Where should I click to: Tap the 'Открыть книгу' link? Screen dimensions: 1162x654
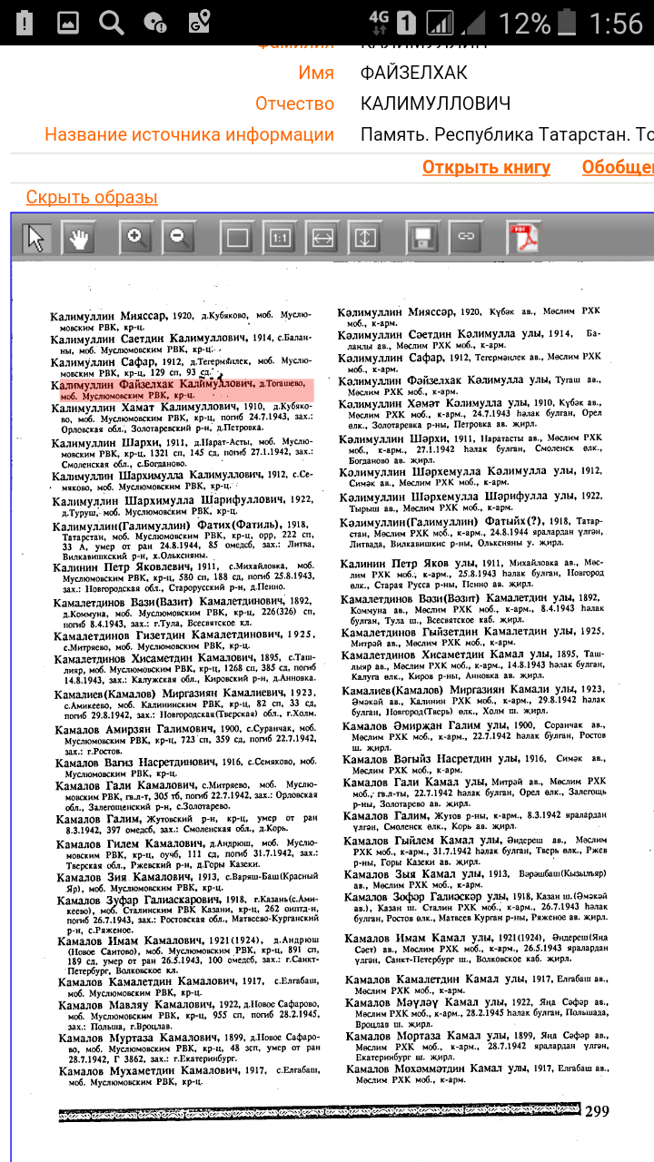click(486, 167)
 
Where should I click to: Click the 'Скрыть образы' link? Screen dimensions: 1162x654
click(92, 197)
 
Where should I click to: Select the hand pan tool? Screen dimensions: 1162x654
click(79, 239)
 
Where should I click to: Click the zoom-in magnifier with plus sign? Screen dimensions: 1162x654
click(136, 239)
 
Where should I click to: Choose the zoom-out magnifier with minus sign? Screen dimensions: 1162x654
click(177, 239)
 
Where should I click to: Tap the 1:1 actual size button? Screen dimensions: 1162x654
click(280, 239)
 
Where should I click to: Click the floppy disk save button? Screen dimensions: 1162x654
click(421, 239)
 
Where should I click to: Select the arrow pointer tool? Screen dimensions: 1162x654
click(36, 239)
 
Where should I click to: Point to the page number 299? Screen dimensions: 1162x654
click(597, 1111)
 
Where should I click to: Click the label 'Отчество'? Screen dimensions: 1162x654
click(294, 103)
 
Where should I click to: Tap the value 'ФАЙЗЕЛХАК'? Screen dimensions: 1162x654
click(414, 73)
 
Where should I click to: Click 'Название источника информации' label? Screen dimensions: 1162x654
click(190, 135)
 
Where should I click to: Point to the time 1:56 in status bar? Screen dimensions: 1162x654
click(616, 22)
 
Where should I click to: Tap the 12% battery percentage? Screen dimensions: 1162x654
click(524, 22)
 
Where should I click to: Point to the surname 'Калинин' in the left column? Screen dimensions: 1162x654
click(77, 567)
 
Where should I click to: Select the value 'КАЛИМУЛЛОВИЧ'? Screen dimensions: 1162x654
click(435, 103)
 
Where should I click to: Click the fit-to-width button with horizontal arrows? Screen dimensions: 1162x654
click(322, 239)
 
